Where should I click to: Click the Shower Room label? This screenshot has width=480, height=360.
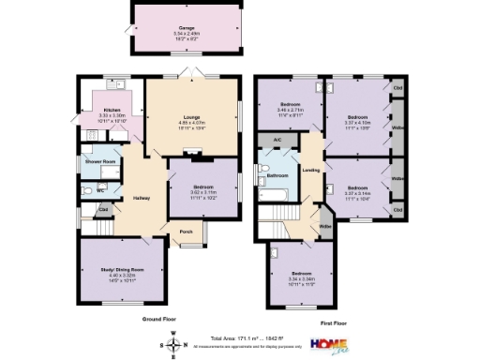coord(100,160)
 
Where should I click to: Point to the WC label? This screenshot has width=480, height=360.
coord(99,190)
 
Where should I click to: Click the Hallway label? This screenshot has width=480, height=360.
coord(142,198)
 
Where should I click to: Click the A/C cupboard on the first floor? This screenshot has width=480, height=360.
coord(277,141)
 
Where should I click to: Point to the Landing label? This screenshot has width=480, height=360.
coord(311,170)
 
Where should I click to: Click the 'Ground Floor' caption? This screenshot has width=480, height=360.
coord(160,320)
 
